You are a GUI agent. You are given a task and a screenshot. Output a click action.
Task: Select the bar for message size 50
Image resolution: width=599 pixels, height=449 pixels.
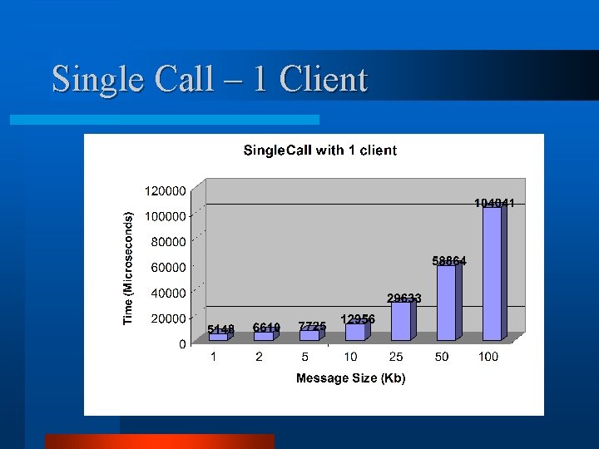click(x=446, y=303)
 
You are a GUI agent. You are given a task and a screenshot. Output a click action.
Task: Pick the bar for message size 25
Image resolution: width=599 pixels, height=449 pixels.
click(x=401, y=321)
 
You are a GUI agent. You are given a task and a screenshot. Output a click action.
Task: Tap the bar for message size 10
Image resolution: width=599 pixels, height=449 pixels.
click(x=355, y=332)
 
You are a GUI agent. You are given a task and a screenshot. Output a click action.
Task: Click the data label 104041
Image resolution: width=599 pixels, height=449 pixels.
click(x=494, y=203)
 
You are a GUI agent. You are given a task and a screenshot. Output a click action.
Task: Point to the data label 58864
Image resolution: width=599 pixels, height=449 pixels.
click(x=449, y=261)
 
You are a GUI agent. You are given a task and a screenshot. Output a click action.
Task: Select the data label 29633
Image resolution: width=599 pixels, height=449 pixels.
click(x=404, y=298)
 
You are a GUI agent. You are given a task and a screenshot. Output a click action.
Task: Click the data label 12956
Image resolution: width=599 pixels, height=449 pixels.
click(x=358, y=319)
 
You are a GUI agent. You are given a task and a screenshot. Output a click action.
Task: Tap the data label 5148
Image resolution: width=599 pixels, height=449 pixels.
click(x=221, y=329)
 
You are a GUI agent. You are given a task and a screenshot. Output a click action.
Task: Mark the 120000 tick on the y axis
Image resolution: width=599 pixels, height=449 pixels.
click(x=166, y=190)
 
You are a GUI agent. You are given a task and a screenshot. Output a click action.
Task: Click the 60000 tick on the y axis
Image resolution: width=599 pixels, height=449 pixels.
click(x=169, y=267)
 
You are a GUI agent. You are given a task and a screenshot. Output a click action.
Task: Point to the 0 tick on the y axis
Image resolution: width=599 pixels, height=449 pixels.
click(x=182, y=344)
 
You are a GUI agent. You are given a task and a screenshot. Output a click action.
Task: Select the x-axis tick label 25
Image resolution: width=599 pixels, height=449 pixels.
click(x=396, y=358)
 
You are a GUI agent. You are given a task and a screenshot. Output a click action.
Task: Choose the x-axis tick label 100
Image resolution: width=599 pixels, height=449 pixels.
click(x=488, y=358)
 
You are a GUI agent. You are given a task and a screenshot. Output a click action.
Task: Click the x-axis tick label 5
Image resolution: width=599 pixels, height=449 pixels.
click(x=305, y=358)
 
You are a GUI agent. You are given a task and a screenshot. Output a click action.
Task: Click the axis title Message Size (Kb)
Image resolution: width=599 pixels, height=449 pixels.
click(x=350, y=379)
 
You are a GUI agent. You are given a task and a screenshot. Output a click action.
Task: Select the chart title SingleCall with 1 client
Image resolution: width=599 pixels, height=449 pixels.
click(x=319, y=150)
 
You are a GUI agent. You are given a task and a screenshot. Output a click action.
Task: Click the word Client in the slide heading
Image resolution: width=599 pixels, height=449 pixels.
click(x=324, y=80)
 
